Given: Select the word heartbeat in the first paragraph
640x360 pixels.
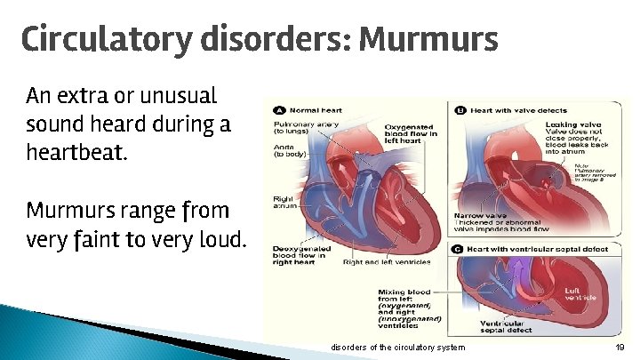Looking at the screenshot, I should [x=77, y=153].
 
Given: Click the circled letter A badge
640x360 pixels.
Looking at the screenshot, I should [x=279, y=110].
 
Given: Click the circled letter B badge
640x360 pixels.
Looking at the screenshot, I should [x=460, y=110].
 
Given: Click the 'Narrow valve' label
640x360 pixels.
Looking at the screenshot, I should [x=480, y=215].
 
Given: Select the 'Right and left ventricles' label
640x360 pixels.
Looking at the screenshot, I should [x=387, y=262].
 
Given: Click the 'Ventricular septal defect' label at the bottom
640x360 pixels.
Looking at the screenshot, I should [x=508, y=326].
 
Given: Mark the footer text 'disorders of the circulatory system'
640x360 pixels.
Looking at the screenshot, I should [x=397, y=347].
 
